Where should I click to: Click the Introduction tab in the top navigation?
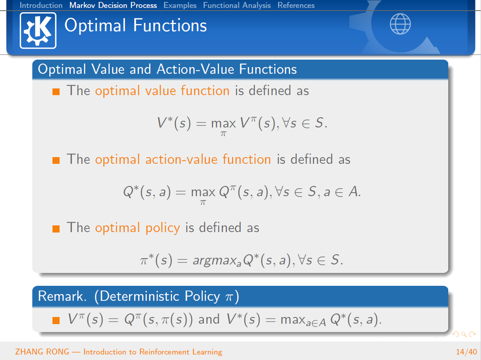coord(41,5)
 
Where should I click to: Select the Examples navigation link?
coord(180,5)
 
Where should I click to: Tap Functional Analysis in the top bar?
coord(237,5)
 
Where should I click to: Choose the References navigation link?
coord(296,5)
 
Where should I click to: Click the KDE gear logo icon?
coord(38,30)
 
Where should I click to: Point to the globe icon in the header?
coord(400,24)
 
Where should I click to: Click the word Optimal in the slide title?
coord(95,25)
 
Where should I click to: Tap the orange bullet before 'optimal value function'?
coord(56,92)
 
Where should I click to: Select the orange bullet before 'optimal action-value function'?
coord(56,160)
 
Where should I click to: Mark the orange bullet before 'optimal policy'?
coord(56,229)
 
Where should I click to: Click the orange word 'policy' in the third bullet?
coord(163,228)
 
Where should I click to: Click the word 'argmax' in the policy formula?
coord(214,260)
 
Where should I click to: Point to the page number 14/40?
coord(466,352)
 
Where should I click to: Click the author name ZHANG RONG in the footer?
coord(42,352)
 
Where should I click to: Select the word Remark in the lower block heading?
coord(62,296)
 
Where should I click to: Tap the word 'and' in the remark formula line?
coord(209,319)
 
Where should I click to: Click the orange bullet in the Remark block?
coord(56,320)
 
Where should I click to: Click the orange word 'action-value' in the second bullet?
coord(182,159)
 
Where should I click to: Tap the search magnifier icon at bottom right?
coord(464,334)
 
